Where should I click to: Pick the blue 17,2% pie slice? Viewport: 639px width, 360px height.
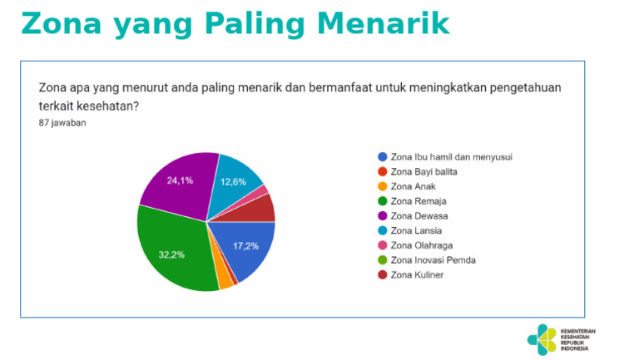246,249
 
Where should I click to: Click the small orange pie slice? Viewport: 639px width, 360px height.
225,281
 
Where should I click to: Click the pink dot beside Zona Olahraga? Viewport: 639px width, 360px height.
382,245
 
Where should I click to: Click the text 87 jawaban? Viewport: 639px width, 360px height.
62,123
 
